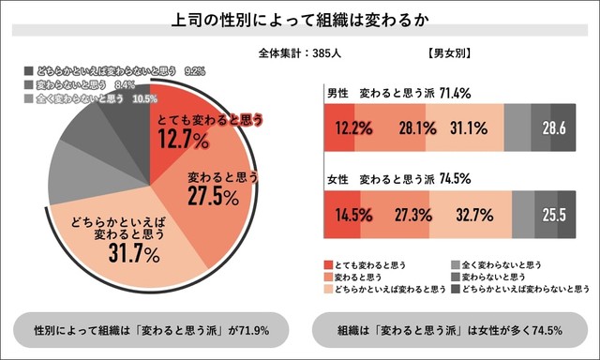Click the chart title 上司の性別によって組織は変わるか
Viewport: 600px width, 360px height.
coord(299,20)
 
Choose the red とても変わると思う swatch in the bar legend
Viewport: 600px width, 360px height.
coord(329,265)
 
